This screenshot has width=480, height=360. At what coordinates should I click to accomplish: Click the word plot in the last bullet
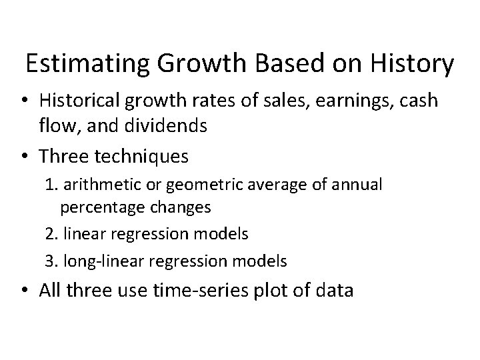coord(274,291)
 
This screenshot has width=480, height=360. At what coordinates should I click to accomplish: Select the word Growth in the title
coord(189,64)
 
